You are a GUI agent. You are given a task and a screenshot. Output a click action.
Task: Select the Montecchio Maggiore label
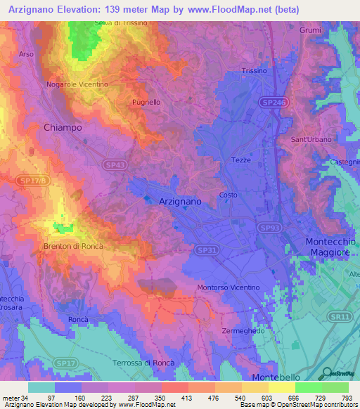coord(330,247)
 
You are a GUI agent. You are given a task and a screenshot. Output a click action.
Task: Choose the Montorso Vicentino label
coord(229,287)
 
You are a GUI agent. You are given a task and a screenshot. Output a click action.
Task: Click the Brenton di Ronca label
coord(74,246)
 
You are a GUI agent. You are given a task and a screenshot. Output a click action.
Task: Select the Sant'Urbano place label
coord(311,140)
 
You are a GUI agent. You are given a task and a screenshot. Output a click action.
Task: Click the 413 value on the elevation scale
coord(188,398)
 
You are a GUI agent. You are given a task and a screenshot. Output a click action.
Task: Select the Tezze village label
coord(241,160)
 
